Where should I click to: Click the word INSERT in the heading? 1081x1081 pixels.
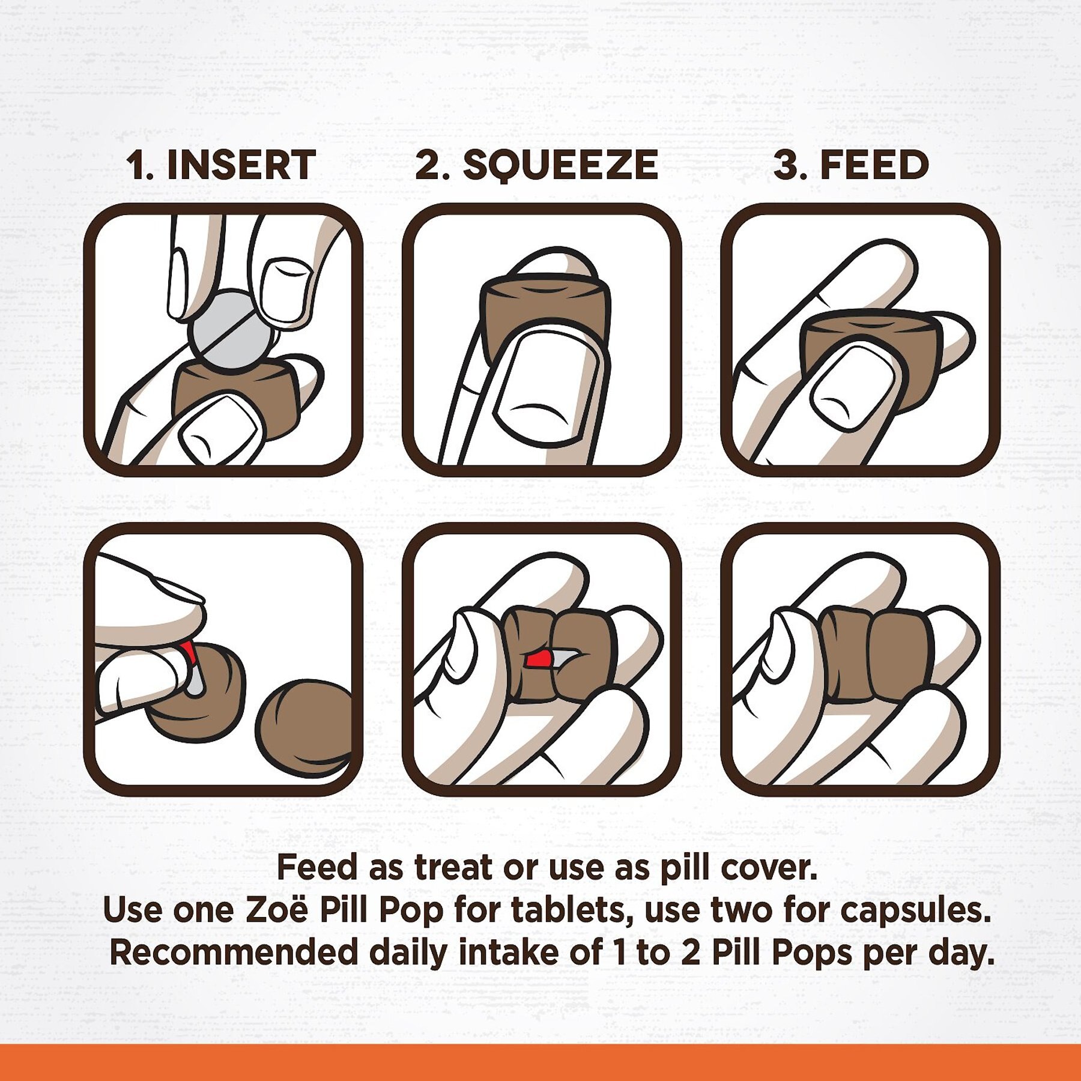pos(241,165)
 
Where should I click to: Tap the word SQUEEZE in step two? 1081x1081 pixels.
pos(560,166)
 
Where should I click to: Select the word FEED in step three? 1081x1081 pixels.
pos(874,165)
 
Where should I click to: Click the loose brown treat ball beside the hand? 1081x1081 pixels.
pos(305,727)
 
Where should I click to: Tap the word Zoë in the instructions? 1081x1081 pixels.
pos(277,910)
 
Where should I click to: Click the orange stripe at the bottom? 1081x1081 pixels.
pos(540,1062)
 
